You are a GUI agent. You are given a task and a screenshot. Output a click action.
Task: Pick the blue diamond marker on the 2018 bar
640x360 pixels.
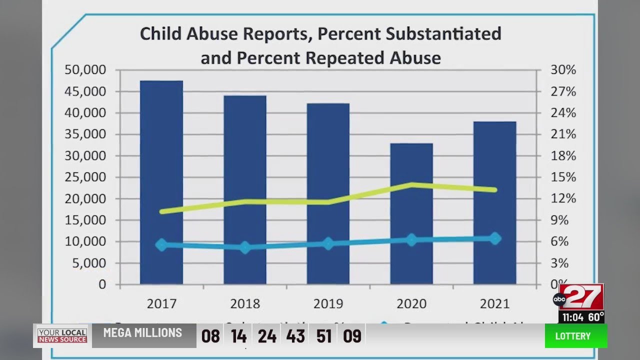[x=245, y=247]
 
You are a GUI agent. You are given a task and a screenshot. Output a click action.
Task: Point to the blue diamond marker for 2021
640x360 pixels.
[x=495, y=238]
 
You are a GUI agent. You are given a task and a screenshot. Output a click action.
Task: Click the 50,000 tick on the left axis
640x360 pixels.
[x=85, y=70]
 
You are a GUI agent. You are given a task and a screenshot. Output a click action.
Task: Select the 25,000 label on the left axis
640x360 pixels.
[x=85, y=177]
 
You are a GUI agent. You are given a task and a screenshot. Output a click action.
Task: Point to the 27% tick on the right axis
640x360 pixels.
[x=563, y=92]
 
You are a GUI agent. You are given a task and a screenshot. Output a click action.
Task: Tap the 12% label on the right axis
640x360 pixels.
[x=563, y=199]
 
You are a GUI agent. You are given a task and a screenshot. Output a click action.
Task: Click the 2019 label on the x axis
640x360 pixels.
[x=328, y=304]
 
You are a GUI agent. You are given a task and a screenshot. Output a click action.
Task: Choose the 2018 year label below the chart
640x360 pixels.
[x=245, y=304]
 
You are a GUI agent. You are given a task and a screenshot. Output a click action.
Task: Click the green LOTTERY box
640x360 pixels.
[x=575, y=336]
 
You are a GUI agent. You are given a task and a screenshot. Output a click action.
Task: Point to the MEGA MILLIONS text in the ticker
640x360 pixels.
[x=142, y=333]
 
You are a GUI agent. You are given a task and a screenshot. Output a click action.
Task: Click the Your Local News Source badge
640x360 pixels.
[x=62, y=336]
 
